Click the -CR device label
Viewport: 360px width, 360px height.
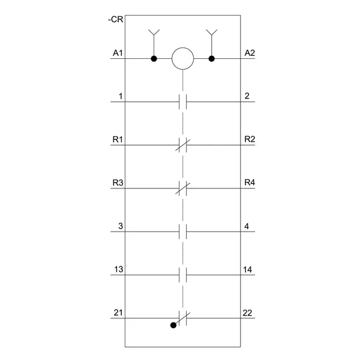click(116, 20)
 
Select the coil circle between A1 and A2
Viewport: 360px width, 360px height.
click(183, 48)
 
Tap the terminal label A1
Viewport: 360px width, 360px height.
click(118, 53)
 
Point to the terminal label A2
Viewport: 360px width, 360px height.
click(250, 53)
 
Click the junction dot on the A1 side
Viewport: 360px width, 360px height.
click(154, 59)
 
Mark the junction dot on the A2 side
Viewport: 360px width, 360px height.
click(212, 59)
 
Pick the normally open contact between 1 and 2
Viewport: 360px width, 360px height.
click(183, 102)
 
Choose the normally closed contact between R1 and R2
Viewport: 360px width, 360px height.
click(183, 145)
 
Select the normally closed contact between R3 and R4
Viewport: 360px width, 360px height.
click(183, 188)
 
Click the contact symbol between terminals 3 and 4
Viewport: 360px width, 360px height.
click(183, 232)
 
